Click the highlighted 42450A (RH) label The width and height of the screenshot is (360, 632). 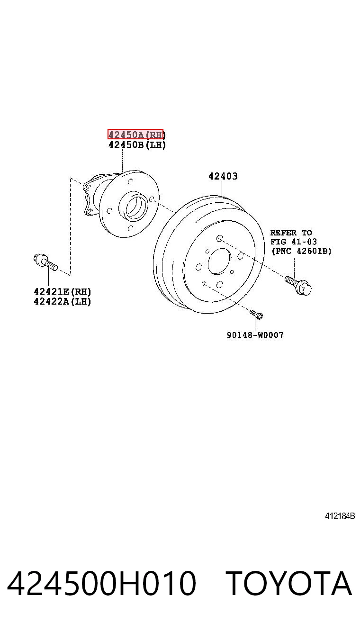[135, 134]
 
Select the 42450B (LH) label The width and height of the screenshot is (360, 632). [137, 145]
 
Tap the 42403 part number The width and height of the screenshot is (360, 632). [223, 176]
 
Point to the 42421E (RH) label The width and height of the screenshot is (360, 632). [63, 291]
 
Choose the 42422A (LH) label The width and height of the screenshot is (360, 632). [63, 301]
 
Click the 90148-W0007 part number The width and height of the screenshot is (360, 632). [255, 335]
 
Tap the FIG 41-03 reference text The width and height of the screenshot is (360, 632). [293, 242]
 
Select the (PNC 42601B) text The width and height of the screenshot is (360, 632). [301, 251]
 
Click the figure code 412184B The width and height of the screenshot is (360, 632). [340, 516]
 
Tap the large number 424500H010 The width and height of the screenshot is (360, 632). [101, 583]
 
